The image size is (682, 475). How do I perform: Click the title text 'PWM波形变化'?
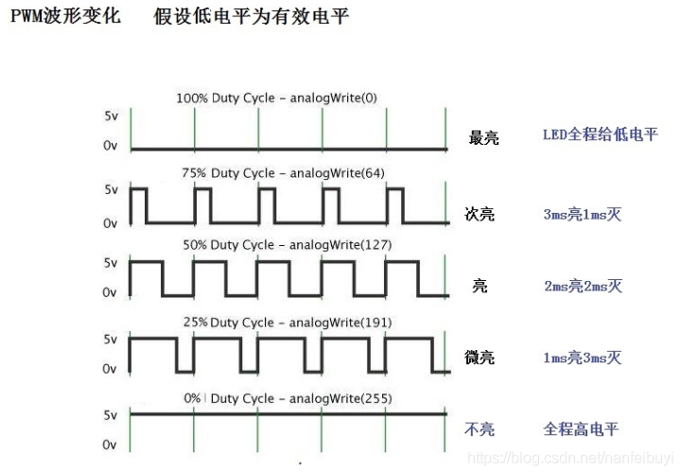pyautogui.click(x=65, y=17)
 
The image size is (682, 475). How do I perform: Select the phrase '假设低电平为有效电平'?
pyautogui.click(x=252, y=17)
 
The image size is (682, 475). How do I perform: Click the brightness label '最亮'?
pyautogui.click(x=483, y=138)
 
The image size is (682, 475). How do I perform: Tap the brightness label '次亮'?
pyautogui.click(x=481, y=214)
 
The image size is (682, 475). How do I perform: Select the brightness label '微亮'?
pyautogui.click(x=480, y=358)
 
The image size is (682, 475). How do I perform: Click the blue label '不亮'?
pyautogui.click(x=480, y=430)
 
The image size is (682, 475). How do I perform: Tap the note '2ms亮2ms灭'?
pyautogui.click(x=583, y=286)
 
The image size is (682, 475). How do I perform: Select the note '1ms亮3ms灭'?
pyautogui.click(x=583, y=358)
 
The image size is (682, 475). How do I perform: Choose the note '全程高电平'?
pyautogui.click(x=581, y=430)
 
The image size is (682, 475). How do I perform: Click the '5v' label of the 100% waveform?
pyautogui.click(x=111, y=116)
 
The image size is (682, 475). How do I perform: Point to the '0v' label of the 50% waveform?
pyautogui.click(x=111, y=293)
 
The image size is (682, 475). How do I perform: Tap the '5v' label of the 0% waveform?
pyautogui.click(x=111, y=414)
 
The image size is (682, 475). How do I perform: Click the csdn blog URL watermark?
pyautogui.click(x=571, y=458)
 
